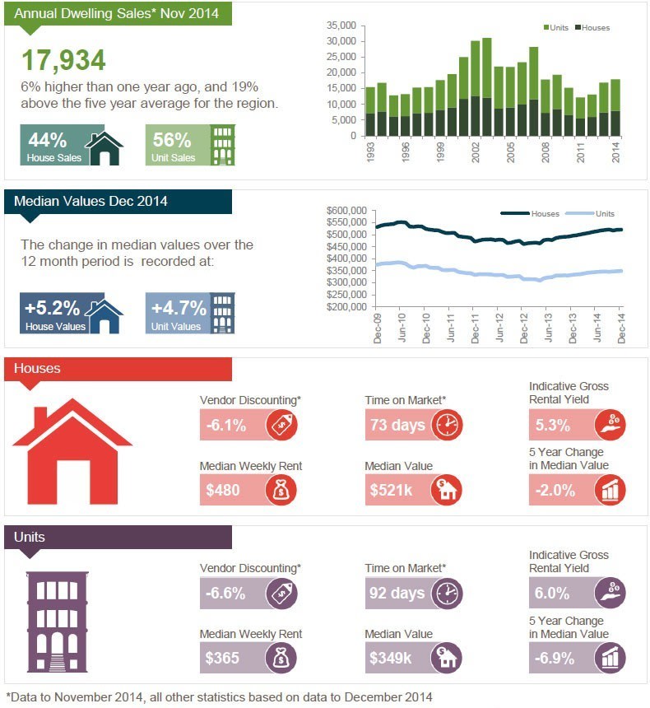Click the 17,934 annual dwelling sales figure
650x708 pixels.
(63, 60)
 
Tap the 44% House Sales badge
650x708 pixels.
(72, 145)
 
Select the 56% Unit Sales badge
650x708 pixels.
(190, 145)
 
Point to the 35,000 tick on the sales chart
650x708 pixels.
(341, 26)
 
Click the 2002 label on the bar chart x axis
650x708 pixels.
(476, 152)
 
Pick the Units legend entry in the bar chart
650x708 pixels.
(555, 27)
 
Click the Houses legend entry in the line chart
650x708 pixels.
(530, 213)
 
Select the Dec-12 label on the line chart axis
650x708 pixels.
(523, 328)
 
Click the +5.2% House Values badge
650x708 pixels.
(72, 314)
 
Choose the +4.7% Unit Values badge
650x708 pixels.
(190, 314)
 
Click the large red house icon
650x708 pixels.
(72, 451)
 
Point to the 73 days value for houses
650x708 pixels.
(397, 425)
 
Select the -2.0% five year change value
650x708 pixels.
(555, 490)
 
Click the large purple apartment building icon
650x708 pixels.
(58, 622)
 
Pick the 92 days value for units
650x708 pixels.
(397, 593)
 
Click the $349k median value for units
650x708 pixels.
(391, 658)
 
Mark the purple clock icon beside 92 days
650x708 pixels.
(447, 594)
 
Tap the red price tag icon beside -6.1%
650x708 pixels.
(281, 425)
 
